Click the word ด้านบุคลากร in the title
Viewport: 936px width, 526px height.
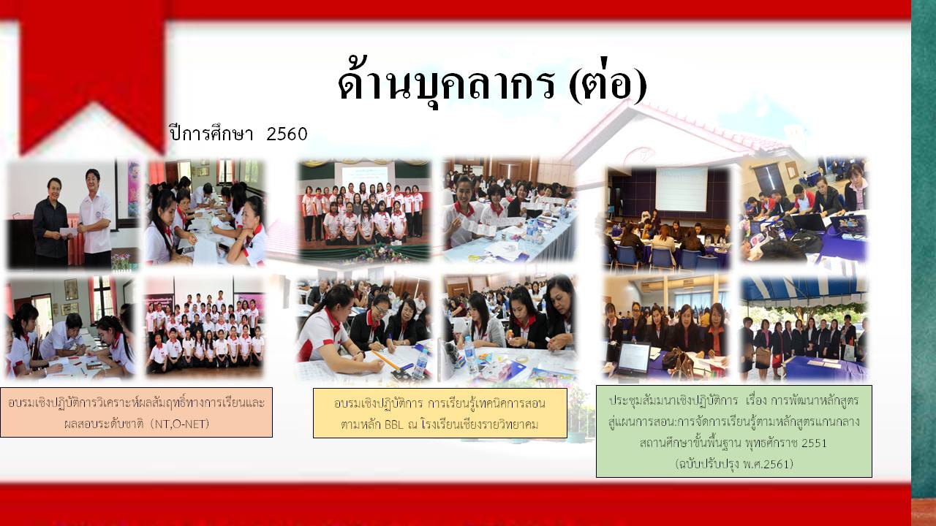click(x=447, y=83)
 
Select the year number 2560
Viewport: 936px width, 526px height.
click(x=287, y=134)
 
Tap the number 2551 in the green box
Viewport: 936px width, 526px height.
click(x=814, y=443)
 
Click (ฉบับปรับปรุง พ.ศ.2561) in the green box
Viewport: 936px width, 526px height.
click(x=733, y=463)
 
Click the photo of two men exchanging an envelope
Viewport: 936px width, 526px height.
click(x=73, y=214)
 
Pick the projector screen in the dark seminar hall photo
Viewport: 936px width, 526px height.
click(x=681, y=189)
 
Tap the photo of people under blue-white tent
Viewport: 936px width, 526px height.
click(x=804, y=329)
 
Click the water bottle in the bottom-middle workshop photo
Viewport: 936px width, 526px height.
click(x=470, y=355)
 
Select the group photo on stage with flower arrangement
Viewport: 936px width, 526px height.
click(x=364, y=211)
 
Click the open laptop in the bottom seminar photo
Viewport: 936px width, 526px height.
click(x=633, y=359)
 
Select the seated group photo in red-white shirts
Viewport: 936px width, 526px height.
click(x=205, y=328)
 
